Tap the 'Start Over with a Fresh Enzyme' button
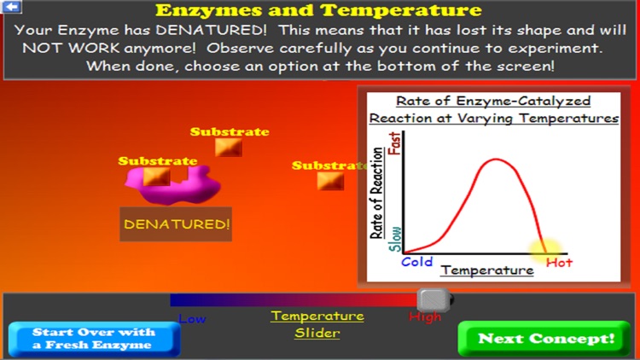(x=94, y=339)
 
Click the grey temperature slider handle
(x=433, y=299)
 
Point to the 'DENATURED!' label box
(x=177, y=224)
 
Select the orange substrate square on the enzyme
(x=154, y=177)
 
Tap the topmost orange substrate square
(x=228, y=148)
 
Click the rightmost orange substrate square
(x=330, y=181)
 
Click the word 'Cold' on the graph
(x=417, y=262)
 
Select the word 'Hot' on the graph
(x=559, y=263)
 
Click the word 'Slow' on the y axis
(x=395, y=239)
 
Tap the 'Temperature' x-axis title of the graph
(x=486, y=270)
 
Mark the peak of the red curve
(x=490, y=160)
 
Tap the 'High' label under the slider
(x=425, y=317)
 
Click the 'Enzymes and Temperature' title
(x=318, y=11)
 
